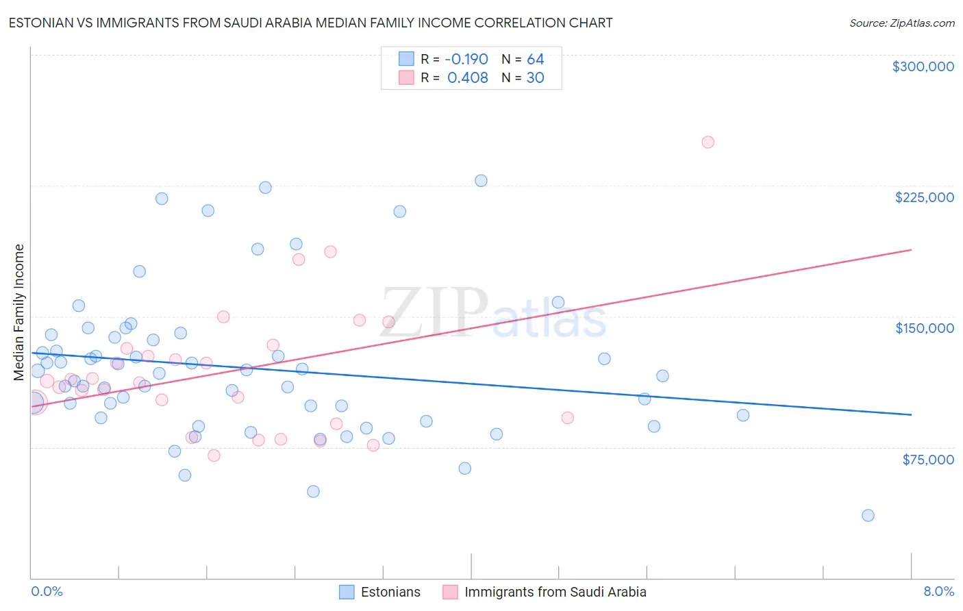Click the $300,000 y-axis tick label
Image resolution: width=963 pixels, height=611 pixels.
click(x=923, y=66)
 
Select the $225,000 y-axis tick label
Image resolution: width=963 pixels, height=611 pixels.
click(x=924, y=197)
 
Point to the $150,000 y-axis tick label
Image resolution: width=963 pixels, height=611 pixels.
click(x=924, y=328)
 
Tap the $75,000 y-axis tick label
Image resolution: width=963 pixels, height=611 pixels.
click(x=927, y=460)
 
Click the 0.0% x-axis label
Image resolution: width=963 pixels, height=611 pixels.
click(x=47, y=591)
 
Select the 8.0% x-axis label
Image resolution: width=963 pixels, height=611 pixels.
click(x=938, y=591)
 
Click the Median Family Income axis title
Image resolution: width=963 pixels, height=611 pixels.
click(x=19, y=312)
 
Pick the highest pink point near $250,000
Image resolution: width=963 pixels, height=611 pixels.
click(x=708, y=142)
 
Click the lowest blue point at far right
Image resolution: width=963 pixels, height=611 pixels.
click(x=868, y=516)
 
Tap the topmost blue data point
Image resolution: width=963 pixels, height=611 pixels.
click(x=481, y=181)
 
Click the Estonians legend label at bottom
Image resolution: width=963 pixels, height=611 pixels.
click(x=390, y=592)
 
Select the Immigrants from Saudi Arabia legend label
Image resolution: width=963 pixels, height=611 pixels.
click(x=555, y=592)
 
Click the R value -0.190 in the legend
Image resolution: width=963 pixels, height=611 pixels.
click(x=466, y=59)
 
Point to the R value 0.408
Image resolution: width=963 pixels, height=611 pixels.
click(x=467, y=78)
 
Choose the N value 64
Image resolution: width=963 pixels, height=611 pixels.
click(x=535, y=59)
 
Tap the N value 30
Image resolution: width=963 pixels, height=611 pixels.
click(x=535, y=78)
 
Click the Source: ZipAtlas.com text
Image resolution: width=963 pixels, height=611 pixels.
click(x=901, y=23)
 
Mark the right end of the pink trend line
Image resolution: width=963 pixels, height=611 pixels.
click(x=911, y=250)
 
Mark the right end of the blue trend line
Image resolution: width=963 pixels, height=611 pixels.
click(x=911, y=414)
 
